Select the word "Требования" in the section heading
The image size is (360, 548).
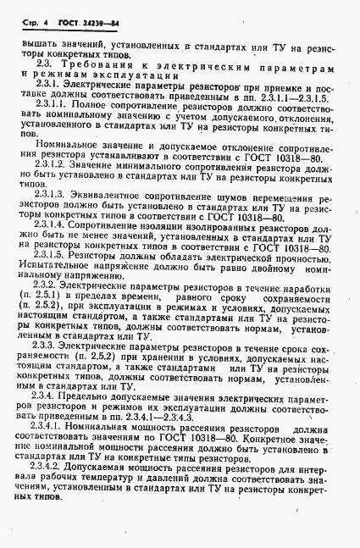(96, 64)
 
